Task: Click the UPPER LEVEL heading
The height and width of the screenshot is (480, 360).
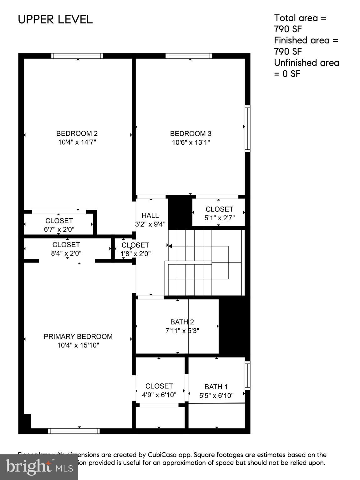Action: tap(55, 19)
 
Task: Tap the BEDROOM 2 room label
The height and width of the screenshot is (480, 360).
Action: tap(77, 133)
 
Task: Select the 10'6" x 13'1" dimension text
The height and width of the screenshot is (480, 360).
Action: tap(190, 142)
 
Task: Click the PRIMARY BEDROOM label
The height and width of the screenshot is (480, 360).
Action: tap(78, 337)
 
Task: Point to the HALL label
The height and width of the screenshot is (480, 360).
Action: tap(150, 215)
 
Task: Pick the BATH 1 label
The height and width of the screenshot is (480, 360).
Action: tap(216, 387)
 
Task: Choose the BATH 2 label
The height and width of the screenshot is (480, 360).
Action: tap(182, 322)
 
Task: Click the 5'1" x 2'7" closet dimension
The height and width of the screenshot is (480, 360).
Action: tap(219, 218)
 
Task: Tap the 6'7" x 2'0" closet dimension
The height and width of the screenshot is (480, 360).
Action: tap(59, 229)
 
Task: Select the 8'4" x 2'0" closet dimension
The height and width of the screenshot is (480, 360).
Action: tap(66, 253)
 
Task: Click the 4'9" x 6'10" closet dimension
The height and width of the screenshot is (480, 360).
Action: tap(159, 395)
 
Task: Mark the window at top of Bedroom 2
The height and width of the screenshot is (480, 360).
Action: tap(77, 56)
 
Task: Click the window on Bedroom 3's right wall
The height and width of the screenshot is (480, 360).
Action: tap(247, 128)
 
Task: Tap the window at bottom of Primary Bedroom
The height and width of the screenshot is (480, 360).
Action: tap(74, 431)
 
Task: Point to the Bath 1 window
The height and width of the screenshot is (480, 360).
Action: tap(247, 375)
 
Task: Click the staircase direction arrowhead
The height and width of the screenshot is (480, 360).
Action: tap(170, 246)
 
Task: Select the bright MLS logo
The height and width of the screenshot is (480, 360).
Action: tap(39, 467)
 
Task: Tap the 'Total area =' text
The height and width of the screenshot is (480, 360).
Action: tap(300, 18)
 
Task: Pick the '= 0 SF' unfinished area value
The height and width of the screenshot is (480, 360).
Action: tap(287, 74)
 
